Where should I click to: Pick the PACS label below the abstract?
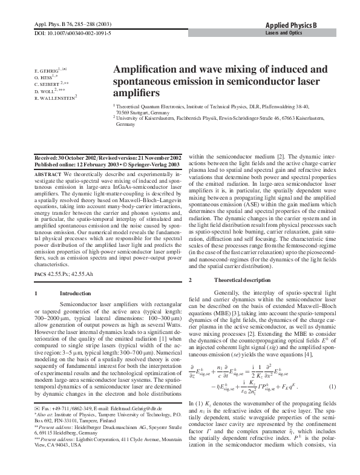[x=42, y=275]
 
